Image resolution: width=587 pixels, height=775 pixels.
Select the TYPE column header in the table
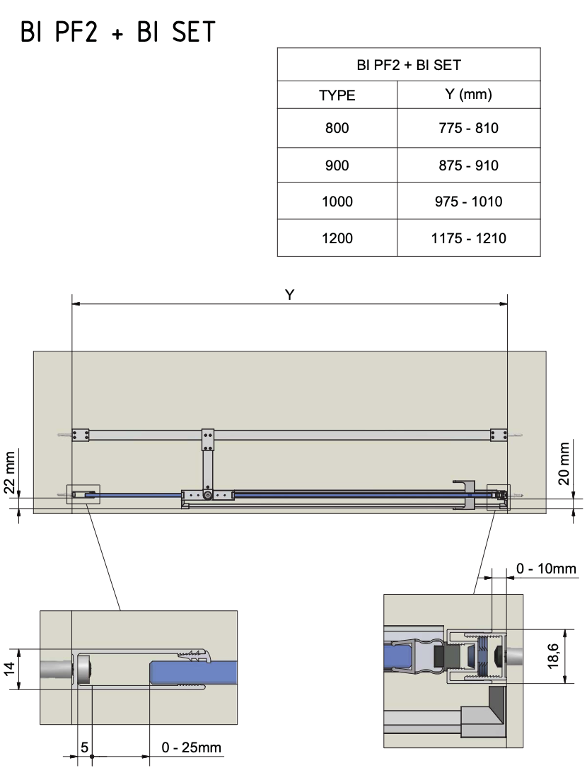[337, 95]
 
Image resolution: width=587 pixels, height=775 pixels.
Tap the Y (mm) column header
[468, 94]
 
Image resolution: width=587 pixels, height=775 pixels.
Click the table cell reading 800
[337, 129]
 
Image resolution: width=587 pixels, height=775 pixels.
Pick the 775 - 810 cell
[468, 129]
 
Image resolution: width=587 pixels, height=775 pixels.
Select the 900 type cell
[337, 165]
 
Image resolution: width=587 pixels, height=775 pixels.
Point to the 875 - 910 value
[468, 165]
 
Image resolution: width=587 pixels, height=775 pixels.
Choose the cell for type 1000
[337, 202]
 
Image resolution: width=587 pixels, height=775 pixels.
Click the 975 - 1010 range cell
[468, 202]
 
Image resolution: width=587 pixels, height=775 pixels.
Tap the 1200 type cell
[337, 238]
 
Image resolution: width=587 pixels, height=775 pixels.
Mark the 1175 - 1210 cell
[468, 238]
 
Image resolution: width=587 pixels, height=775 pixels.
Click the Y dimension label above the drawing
[289, 296]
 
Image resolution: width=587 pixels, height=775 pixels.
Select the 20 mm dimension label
[564, 464]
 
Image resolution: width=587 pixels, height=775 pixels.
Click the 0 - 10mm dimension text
[546, 569]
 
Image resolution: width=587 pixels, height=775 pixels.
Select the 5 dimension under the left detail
[84, 747]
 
